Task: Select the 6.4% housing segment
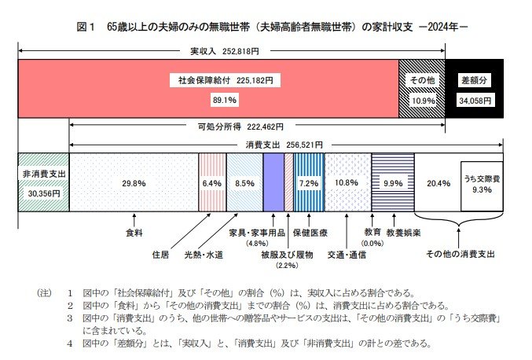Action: (x=212, y=183)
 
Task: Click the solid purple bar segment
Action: (x=273, y=183)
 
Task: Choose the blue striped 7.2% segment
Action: (x=306, y=183)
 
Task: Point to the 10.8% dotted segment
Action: (x=347, y=183)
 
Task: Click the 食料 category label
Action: (x=134, y=233)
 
